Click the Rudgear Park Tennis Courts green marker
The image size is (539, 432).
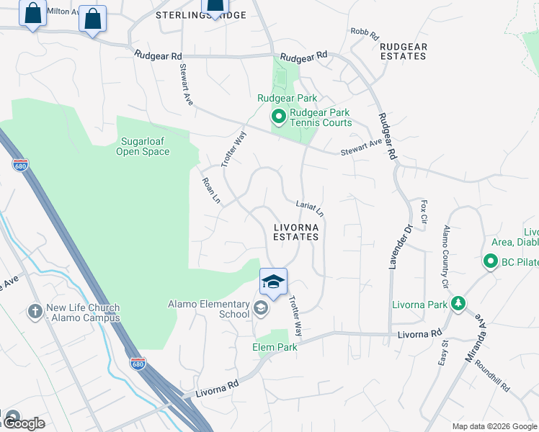pos(277,116)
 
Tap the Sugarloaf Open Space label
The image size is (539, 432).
pos(143,146)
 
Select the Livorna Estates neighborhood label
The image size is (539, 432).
pos(295,231)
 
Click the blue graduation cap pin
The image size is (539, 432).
pos(273,282)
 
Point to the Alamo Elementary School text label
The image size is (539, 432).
pos(208,309)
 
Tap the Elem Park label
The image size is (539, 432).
pos(275,347)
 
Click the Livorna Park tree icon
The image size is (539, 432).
pos(458,304)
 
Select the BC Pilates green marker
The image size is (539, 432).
pos(491,261)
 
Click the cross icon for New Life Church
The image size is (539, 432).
pos(35,312)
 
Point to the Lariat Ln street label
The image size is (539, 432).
pos(311,209)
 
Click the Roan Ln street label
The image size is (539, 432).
pos(211,191)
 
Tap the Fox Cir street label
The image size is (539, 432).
pos(424,212)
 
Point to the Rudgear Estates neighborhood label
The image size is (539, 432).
pos(404,51)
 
